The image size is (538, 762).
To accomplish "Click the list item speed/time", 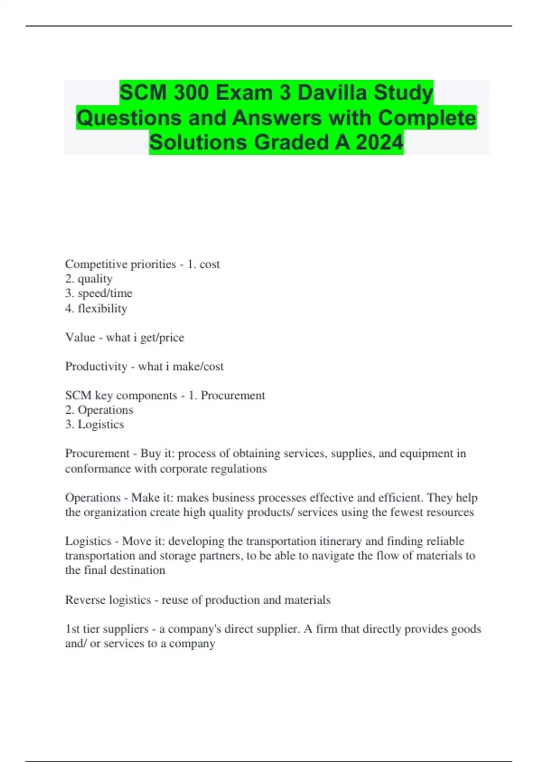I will coord(105,293).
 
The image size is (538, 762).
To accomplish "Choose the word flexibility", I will coord(102,308).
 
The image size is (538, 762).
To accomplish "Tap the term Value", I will coord(80,337).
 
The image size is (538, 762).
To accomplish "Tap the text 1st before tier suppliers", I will coord(72,629).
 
